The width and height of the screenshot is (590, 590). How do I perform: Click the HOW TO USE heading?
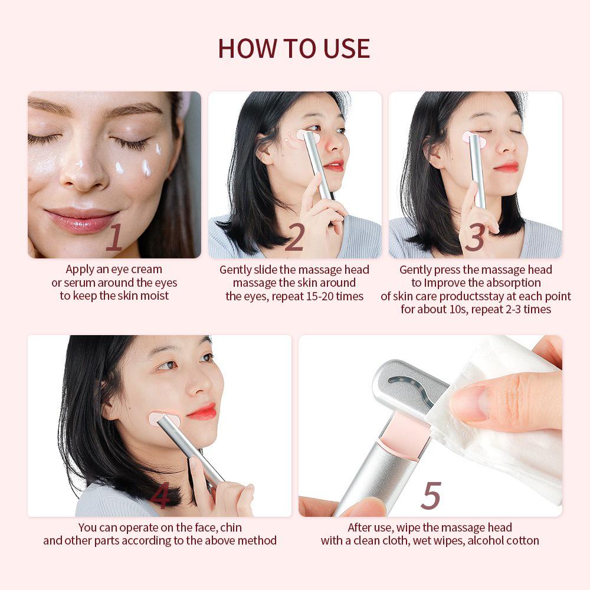(294, 48)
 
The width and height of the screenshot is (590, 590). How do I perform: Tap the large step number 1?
(114, 238)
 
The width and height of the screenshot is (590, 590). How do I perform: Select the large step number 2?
(294, 238)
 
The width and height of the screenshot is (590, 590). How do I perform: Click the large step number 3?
(475, 238)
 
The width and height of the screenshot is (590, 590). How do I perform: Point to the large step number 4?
(160, 497)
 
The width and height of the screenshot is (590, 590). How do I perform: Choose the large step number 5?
(431, 496)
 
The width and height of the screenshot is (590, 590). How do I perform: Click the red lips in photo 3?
(506, 168)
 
